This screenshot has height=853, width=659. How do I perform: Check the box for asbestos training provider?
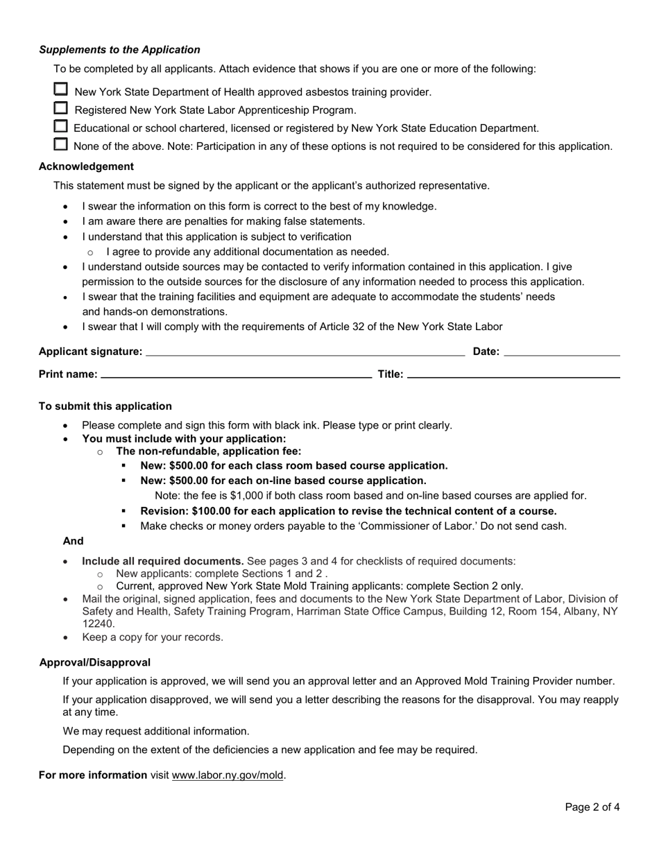tap(61, 89)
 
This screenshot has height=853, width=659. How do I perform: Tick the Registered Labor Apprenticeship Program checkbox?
tap(61, 108)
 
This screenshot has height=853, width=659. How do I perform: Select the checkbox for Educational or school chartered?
tap(61, 126)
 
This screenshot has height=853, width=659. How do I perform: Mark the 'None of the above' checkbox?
tap(61, 144)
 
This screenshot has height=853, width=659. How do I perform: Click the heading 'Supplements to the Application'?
tap(119, 50)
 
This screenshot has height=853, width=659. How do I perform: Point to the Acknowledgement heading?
tap(86, 166)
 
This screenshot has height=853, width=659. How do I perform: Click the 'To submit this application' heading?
tap(105, 406)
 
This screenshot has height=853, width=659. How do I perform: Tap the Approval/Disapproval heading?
tap(95, 663)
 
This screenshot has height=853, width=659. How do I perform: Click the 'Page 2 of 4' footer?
tap(592, 807)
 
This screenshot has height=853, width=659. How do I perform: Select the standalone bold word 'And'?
tap(73, 541)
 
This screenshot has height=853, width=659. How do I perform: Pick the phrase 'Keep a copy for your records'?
tap(153, 637)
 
